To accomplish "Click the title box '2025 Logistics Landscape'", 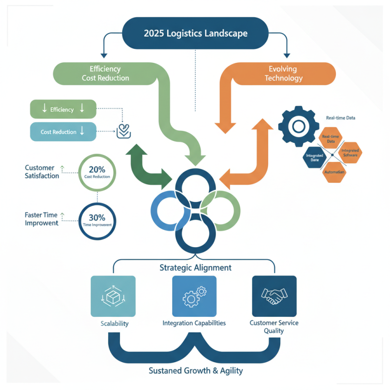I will point(195,33).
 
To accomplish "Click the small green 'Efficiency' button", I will point(63,110).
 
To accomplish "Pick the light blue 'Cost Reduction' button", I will point(63,132).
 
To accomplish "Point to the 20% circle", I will point(97,172).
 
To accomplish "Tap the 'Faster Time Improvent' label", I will point(41,219).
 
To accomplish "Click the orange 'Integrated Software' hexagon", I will point(350,153).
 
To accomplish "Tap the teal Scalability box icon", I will point(113,296).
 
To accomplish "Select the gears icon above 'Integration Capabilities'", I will point(195,296).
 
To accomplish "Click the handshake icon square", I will point(274,296).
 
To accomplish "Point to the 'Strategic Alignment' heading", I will point(195,268).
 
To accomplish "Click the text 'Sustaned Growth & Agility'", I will point(195,371).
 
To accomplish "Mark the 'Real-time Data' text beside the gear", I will point(340,118).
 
